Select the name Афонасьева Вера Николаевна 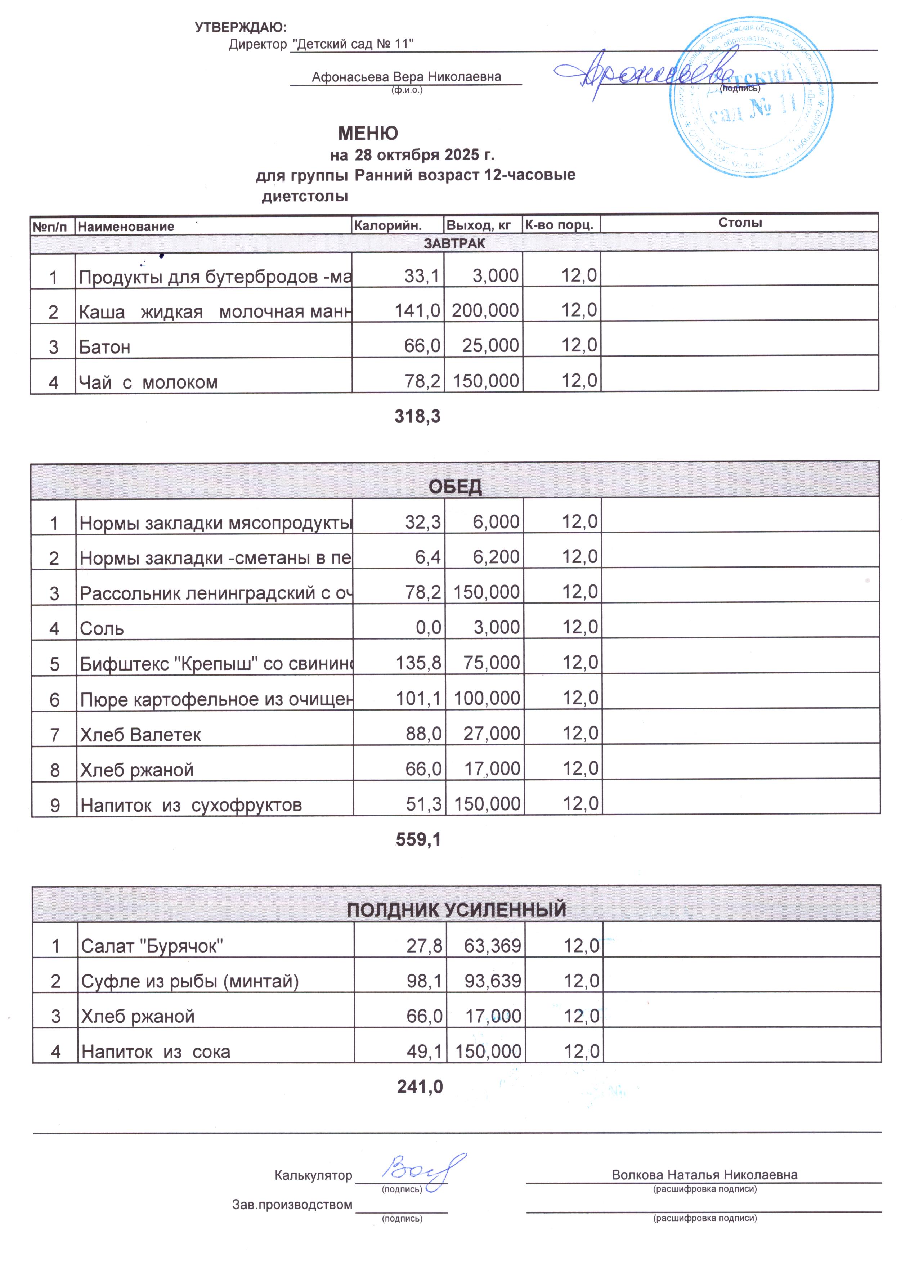point(406,77)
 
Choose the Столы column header point(740,223)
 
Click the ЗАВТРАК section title point(454,243)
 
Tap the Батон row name point(105,347)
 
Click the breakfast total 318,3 point(417,416)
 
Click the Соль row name point(102,628)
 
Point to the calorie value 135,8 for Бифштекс point(418,663)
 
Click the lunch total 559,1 point(418,839)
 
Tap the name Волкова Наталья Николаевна point(704,1175)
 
